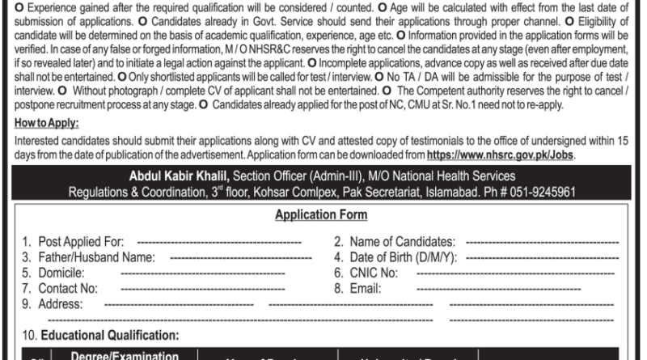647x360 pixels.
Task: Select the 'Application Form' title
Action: (323, 216)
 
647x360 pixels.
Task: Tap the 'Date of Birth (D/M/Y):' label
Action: (395, 257)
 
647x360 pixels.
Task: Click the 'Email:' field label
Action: (364, 287)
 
